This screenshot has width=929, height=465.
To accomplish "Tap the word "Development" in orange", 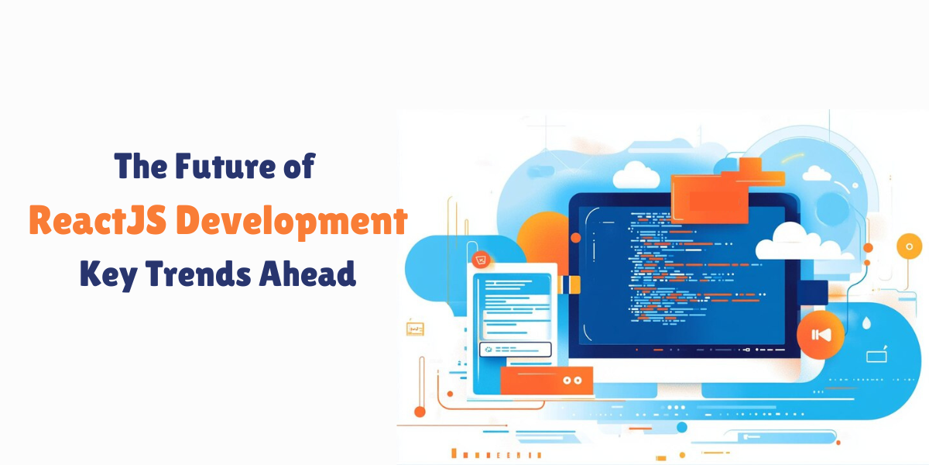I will pyautogui.click(x=305, y=221).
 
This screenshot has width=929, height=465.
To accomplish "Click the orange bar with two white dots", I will pyautogui.click(x=547, y=380).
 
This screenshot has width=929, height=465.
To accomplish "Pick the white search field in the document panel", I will pyautogui.click(x=515, y=350).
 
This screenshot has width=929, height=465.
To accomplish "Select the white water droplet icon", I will pyautogui.click(x=866, y=324).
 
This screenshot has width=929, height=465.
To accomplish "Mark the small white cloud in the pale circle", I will pyautogui.click(x=817, y=172).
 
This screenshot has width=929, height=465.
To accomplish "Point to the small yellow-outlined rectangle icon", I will pyautogui.click(x=415, y=329).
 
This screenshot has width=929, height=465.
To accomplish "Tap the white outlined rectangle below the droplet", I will pyautogui.click(x=876, y=356).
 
